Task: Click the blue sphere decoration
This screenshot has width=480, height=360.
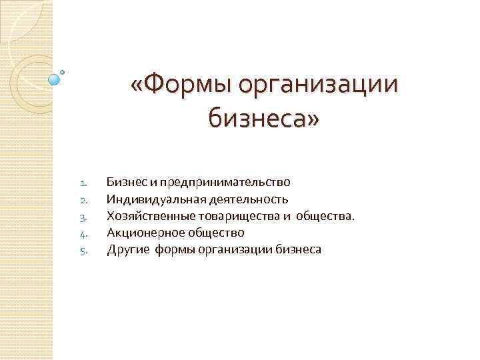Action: (x=55, y=79)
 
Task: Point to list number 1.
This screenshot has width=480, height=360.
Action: (x=83, y=182)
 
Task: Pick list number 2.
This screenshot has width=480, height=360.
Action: (x=83, y=199)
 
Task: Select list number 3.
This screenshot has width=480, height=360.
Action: (x=83, y=217)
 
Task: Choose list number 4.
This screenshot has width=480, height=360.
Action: (x=83, y=233)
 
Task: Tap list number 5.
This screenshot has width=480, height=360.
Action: (x=83, y=251)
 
